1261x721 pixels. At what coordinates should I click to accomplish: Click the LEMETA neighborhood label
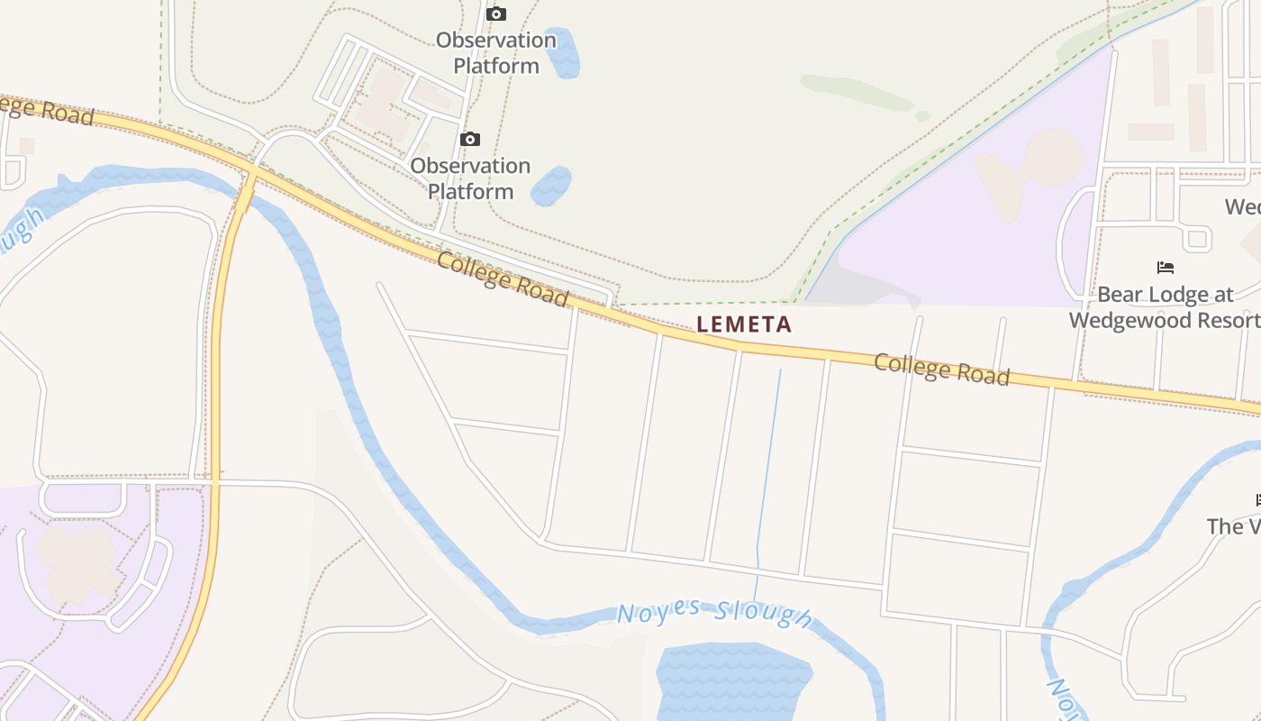point(744,324)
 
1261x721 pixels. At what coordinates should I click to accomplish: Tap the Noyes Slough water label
point(714,613)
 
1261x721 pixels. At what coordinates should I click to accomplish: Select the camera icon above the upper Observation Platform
point(496,14)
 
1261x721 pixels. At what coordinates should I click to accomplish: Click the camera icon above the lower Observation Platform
point(469,139)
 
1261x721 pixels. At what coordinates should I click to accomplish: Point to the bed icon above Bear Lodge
point(1165,268)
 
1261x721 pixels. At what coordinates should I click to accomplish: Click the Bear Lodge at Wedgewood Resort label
point(1164,307)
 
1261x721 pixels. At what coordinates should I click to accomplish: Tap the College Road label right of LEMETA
point(941,370)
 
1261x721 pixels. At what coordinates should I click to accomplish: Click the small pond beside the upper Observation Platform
point(562,52)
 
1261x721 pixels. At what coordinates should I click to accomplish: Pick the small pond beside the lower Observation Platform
point(550,186)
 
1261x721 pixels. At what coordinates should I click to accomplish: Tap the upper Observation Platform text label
point(496,53)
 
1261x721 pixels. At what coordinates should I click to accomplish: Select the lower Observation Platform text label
point(470,178)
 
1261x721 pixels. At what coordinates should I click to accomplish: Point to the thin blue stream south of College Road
point(767,469)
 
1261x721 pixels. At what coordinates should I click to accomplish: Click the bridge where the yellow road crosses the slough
point(246,191)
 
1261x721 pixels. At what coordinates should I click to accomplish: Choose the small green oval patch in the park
point(921,116)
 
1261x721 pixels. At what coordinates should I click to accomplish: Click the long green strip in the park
point(856,92)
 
